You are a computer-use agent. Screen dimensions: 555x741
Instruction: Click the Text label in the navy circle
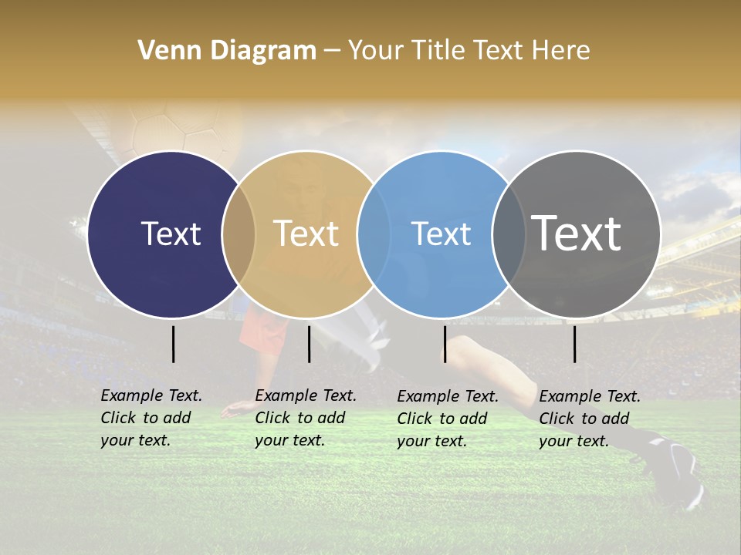tap(171, 234)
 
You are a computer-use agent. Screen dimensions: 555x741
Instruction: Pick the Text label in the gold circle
tap(306, 234)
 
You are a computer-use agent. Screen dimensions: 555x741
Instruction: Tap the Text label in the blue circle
tap(441, 234)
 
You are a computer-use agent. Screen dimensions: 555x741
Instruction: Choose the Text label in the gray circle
tap(577, 234)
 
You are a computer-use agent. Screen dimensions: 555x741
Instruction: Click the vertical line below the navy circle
tap(174, 344)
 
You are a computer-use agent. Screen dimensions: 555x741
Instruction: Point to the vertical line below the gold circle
tap(309, 344)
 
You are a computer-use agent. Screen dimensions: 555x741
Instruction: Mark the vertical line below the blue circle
tap(445, 344)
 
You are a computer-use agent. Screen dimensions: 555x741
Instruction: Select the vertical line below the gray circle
tap(574, 344)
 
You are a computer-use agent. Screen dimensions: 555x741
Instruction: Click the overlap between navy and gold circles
tap(239, 234)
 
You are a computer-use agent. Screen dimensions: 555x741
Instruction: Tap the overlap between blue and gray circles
tap(509, 234)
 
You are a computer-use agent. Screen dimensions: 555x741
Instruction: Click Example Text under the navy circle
tap(151, 395)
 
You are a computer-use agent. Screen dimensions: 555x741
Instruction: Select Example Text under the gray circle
tap(590, 396)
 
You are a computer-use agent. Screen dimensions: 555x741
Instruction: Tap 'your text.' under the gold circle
tap(290, 440)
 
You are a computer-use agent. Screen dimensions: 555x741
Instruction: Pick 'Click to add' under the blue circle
tap(442, 419)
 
